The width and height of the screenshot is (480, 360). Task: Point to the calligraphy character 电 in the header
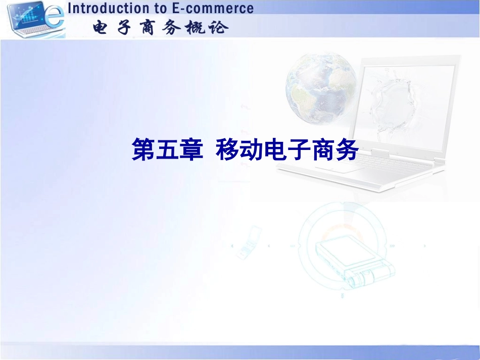(x=102, y=27)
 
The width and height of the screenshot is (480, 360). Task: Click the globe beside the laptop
(x=320, y=96)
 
